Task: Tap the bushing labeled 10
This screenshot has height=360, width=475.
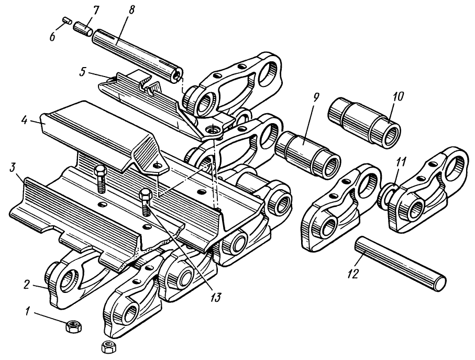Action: coord(364,117)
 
